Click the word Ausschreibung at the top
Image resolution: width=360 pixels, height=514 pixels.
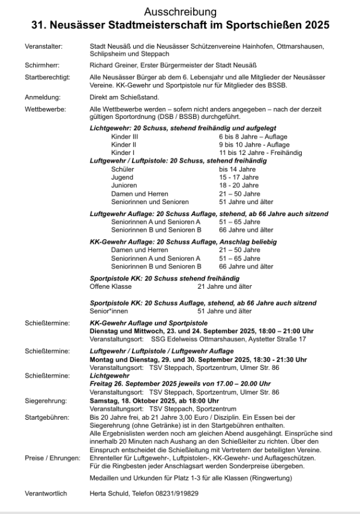coord(181,12)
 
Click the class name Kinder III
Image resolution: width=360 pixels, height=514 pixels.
coord(125,137)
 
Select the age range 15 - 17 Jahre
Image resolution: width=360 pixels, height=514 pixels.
coord(239,178)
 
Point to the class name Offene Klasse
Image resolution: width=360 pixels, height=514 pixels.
coord(111,286)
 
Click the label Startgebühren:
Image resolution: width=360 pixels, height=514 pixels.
coord(47,416)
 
